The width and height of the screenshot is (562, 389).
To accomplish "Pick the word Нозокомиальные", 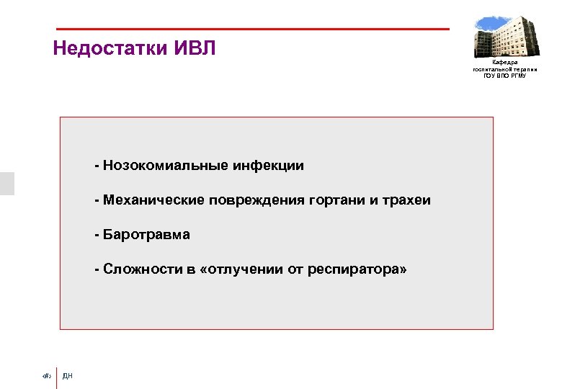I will click(x=165, y=166).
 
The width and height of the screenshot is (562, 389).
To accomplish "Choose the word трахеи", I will click(x=408, y=200).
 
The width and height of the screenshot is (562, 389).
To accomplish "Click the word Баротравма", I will click(x=146, y=235).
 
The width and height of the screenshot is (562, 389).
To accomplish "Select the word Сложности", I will click(x=140, y=269).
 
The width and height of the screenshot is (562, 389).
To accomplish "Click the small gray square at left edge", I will click(x=6, y=184).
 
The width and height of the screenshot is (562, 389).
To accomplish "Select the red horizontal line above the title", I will click(x=252, y=30).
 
